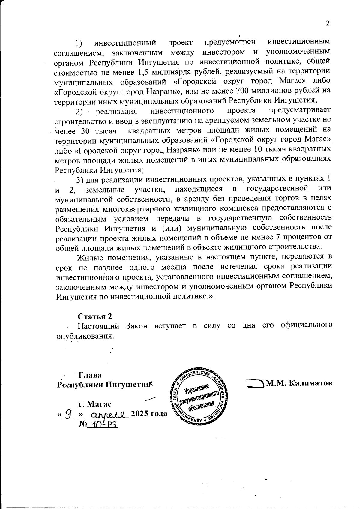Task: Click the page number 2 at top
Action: (x=328, y=24)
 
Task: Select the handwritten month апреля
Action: (x=107, y=414)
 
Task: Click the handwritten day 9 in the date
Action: (x=69, y=414)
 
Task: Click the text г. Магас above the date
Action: (x=95, y=404)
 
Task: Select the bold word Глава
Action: (x=90, y=375)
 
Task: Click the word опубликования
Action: (x=85, y=336)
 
